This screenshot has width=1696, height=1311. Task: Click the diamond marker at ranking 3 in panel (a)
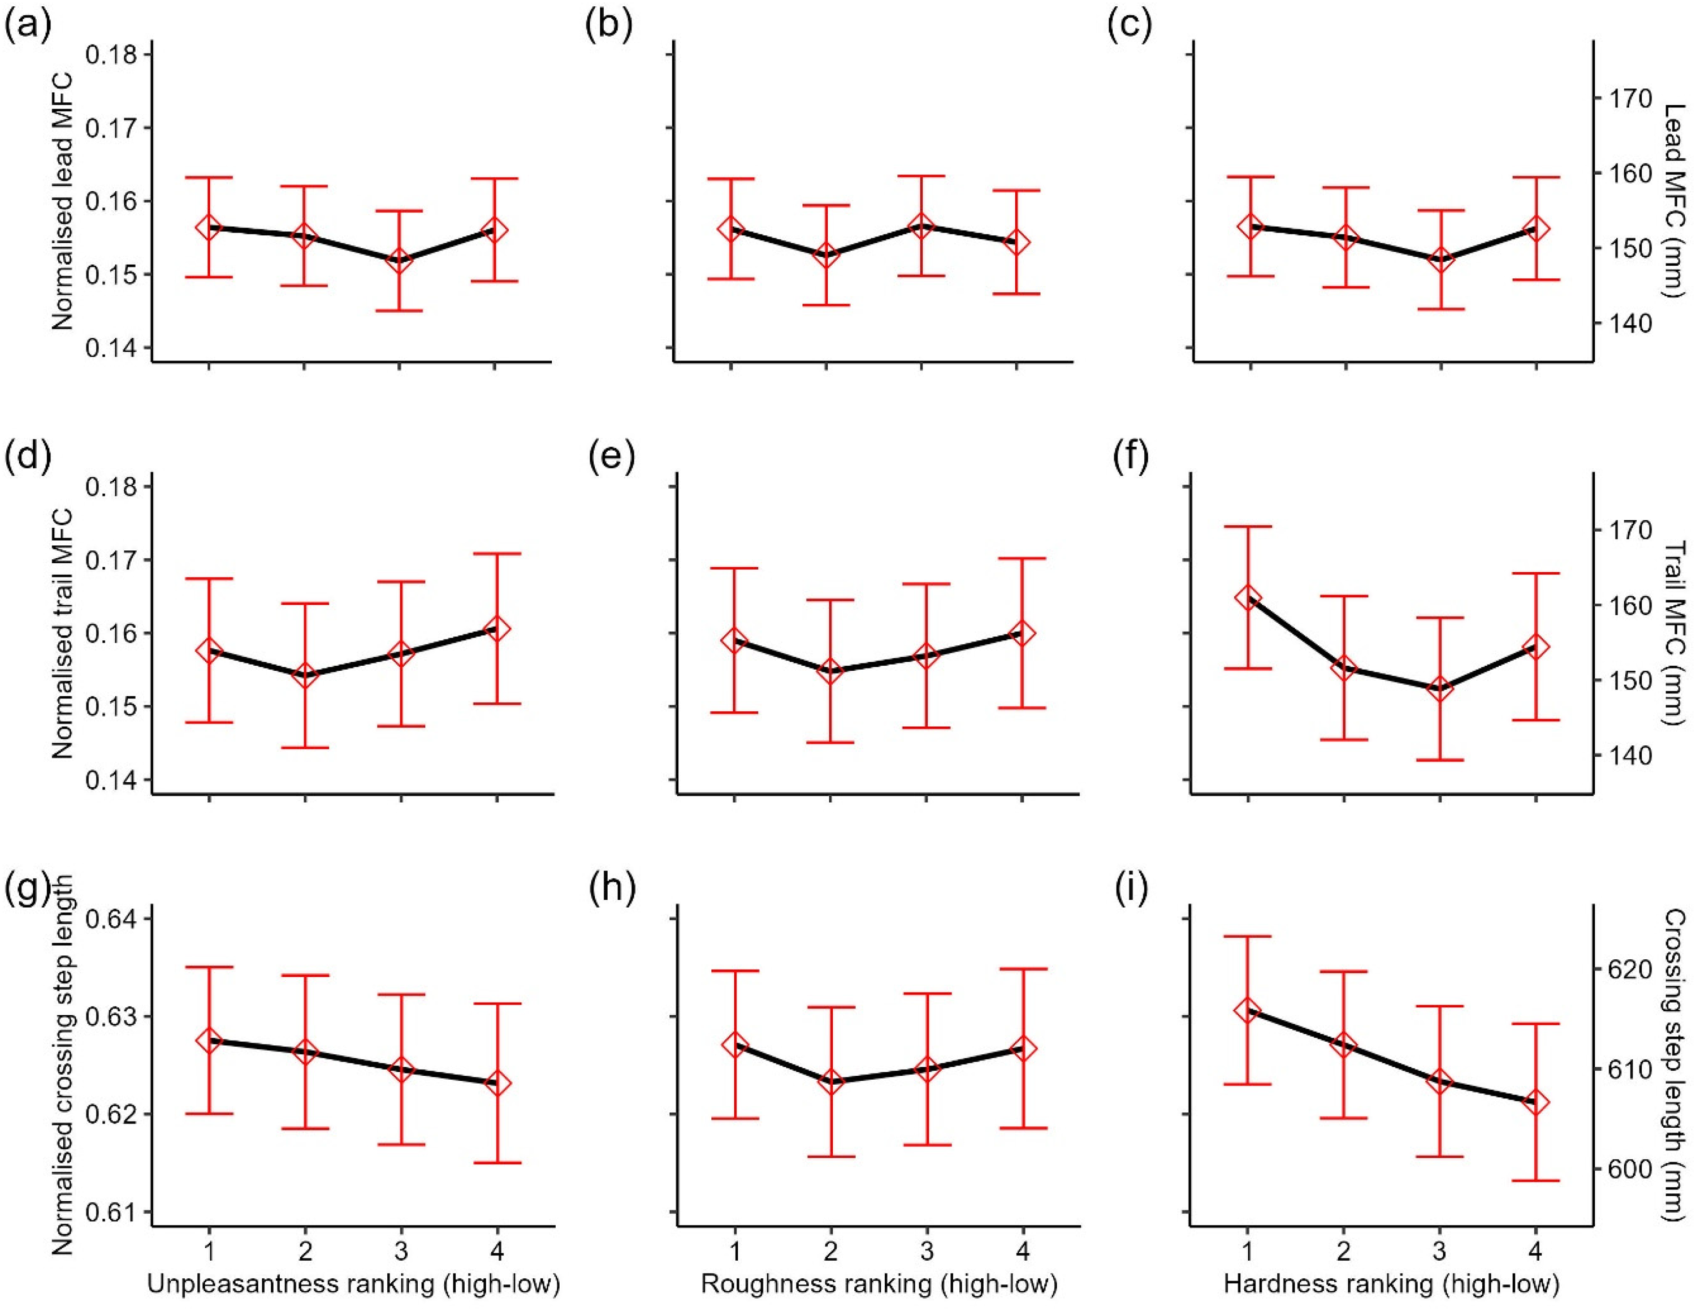(x=399, y=260)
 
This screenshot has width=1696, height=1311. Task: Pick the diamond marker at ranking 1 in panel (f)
(x=1248, y=597)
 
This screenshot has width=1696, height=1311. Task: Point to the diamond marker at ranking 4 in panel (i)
(x=1536, y=1103)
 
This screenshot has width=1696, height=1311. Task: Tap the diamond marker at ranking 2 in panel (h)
(x=831, y=1081)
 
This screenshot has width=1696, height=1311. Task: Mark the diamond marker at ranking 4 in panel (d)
(x=497, y=629)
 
